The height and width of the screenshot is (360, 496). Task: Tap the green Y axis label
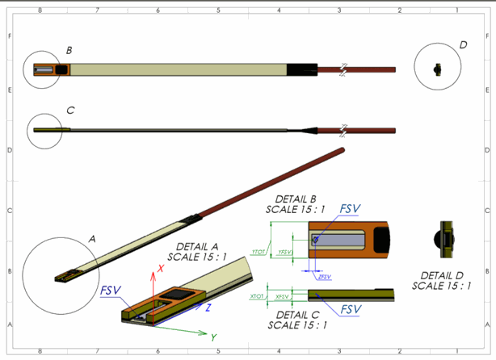pos(213,337)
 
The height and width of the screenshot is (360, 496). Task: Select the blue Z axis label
pos(208,308)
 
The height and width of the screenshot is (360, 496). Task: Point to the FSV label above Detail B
pos(350,209)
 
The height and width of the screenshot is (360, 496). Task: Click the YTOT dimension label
pos(259,251)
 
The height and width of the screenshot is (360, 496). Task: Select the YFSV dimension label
pos(284,253)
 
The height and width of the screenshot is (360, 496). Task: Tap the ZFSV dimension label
pos(325,277)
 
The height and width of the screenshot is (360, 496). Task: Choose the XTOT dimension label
pos(257,296)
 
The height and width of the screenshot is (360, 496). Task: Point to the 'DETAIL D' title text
pos(442,274)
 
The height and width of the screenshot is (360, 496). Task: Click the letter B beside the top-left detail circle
pos(69,51)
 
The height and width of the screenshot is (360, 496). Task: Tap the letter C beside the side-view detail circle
pos(70,111)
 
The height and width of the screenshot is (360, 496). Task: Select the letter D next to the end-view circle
pos(463,45)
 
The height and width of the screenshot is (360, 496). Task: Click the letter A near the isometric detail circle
pos(92,239)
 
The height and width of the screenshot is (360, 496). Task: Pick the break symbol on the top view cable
pos(343,69)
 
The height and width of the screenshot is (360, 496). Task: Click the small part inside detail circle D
pos(437,69)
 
